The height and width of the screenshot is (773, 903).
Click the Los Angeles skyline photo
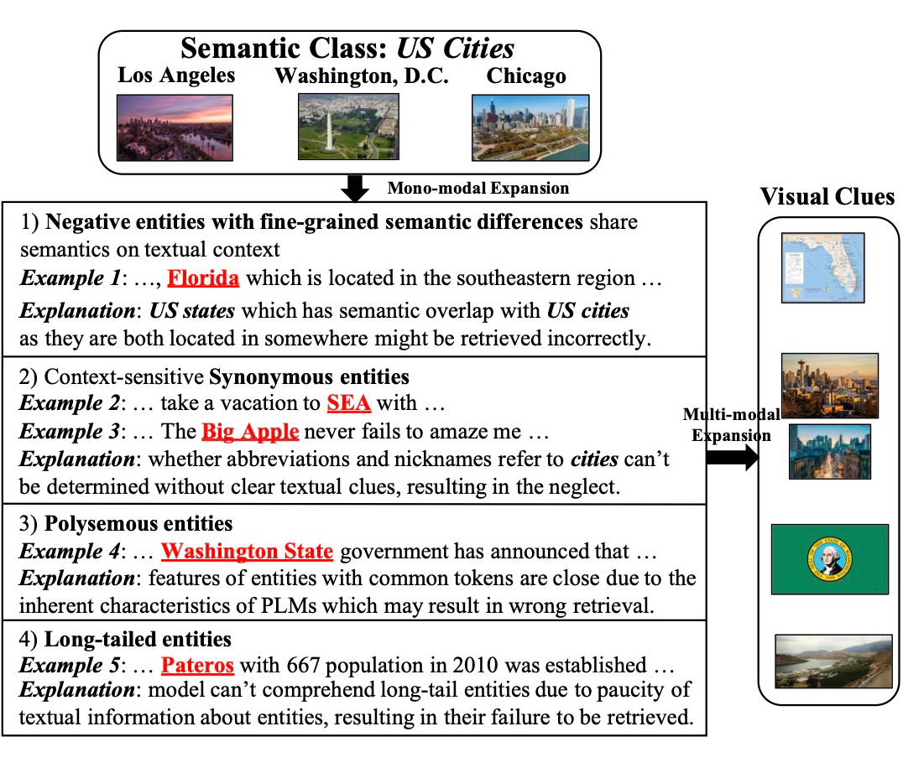point(175,127)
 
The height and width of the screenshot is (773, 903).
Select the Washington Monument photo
point(348,127)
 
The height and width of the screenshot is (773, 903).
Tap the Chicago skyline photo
point(530,127)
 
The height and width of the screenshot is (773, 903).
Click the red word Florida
point(203,278)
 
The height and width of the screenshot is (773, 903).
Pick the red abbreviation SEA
point(348,402)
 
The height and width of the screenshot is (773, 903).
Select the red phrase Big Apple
point(250,432)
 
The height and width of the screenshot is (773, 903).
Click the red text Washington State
point(247,552)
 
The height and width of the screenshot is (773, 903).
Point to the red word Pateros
point(197,666)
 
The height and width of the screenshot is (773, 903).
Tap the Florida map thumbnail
point(822,267)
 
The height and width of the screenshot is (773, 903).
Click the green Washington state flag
point(829,558)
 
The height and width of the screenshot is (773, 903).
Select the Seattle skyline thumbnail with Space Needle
point(829,386)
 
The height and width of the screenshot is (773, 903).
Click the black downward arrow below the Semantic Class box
point(357,189)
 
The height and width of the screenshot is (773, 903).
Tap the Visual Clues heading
point(827,197)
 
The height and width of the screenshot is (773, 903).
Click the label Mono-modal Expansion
point(478,188)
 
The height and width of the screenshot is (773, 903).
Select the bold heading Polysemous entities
point(138,524)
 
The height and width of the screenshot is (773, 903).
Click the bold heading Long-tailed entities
point(137,640)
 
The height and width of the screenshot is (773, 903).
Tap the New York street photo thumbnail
point(829,451)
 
